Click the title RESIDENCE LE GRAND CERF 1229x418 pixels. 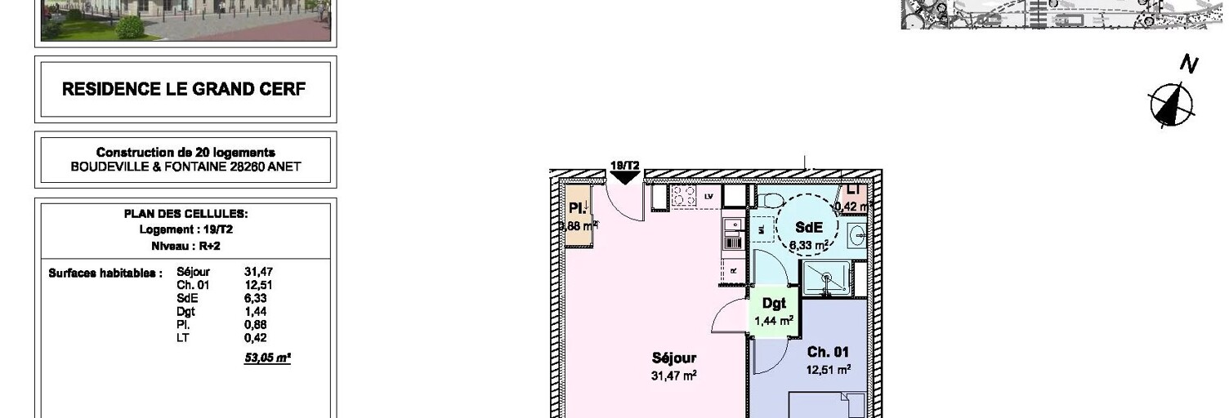(x=184, y=89)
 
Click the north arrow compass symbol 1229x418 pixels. (x=1171, y=104)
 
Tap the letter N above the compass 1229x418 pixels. (x=1189, y=64)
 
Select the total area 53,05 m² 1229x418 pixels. (x=267, y=356)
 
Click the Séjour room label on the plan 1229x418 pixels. (x=674, y=358)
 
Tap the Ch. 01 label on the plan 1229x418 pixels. (x=828, y=352)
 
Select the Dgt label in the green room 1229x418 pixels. (x=774, y=304)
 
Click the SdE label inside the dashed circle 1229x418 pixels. (x=808, y=229)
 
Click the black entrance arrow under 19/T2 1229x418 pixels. (x=625, y=177)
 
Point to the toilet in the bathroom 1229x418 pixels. (x=771, y=201)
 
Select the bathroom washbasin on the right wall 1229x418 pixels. (x=859, y=235)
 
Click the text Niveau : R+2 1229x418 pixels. (x=185, y=246)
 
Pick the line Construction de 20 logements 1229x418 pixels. (x=185, y=153)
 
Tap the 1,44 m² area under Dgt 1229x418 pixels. (x=774, y=321)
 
